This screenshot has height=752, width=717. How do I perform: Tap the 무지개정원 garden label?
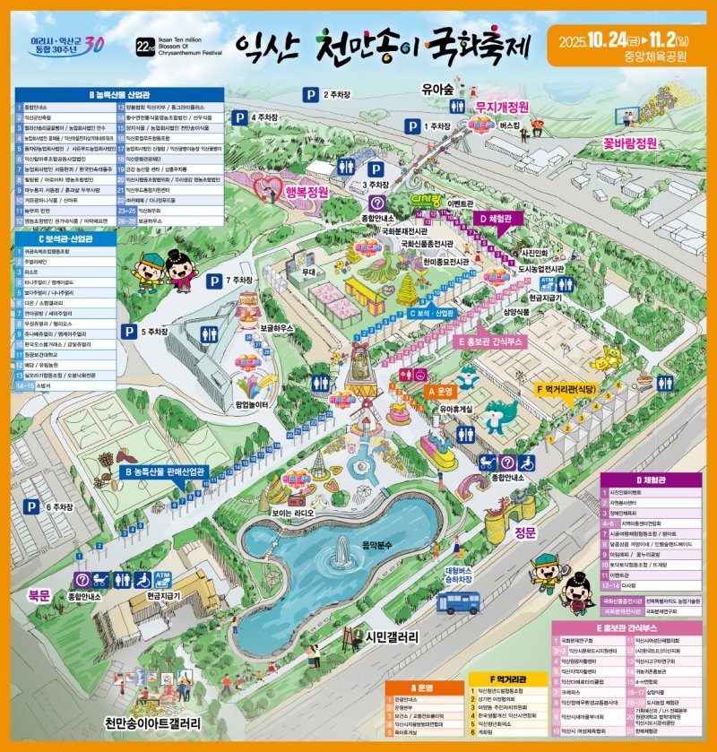click(502, 108)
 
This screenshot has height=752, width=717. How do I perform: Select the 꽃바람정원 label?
click(630, 143)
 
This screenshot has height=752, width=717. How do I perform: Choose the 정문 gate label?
click(524, 533)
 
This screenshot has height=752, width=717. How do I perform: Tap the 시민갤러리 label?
click(392, 637)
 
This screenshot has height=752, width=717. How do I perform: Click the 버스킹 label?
click(509, 126)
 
